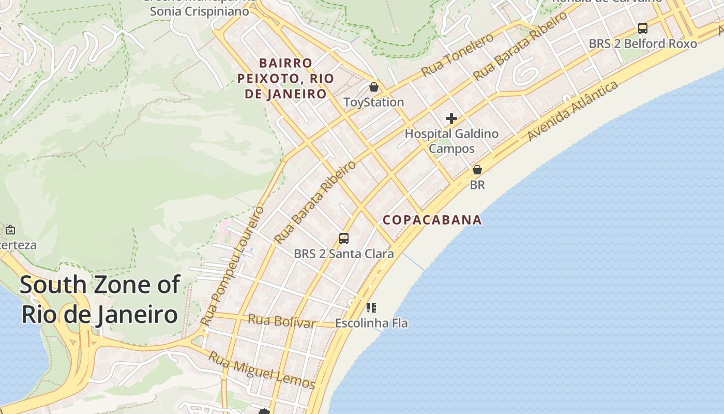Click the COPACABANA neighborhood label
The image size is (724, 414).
(x=432, y=220)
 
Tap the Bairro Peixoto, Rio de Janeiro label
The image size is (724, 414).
(x=285, y=79)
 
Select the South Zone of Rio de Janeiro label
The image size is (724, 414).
(x=100, y=300)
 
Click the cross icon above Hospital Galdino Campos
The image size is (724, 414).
(x=451, y=119)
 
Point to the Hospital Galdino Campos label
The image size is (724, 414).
(x=451, y=141)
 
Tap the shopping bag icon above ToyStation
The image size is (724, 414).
(x=374, y=87)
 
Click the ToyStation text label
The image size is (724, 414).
(x=374, y=102)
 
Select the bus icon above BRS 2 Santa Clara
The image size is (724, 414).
(x=344, y=239)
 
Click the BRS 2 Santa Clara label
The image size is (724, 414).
(x=344, y=254)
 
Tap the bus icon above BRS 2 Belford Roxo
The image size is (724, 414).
(x=643, y=28)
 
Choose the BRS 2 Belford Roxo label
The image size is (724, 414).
(x=643, y=43)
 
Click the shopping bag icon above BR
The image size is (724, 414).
(x=477, y=170)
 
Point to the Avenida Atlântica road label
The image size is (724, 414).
(x=573, y=110)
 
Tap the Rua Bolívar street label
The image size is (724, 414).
(x=281, y=321)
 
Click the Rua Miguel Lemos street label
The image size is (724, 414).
(x=262, y=370)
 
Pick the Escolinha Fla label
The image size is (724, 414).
(x=371, y=323)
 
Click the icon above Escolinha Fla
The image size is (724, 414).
(x=371, y=308)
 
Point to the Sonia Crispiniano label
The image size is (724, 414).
(x=200, y=11)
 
